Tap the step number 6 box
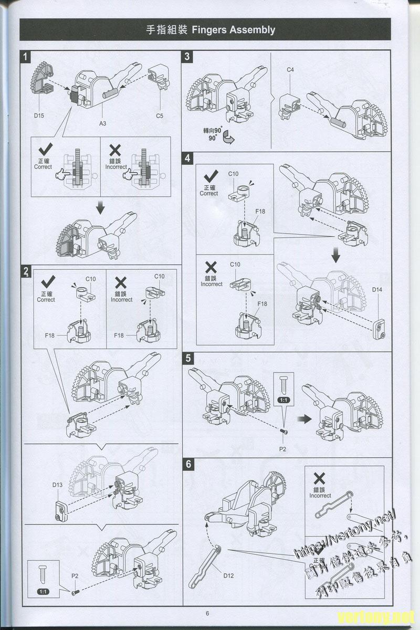pos(188,464)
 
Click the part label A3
pos(103,124)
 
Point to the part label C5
pos(160,115)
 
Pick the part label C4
pos(290,70)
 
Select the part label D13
pos(57,485)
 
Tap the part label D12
pos(228,575)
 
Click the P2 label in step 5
pos(283,449)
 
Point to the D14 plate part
pos(379,328)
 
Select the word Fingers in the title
pos(210,30)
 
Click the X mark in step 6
pos(319,478)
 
